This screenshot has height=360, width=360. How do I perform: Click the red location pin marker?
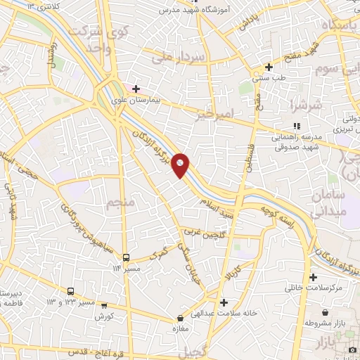click(181, 165)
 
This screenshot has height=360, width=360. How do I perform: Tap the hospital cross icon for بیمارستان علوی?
click(136, 89)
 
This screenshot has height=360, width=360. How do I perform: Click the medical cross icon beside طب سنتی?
click(269, 67)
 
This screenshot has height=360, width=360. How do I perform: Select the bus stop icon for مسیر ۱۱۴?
click(127, 257)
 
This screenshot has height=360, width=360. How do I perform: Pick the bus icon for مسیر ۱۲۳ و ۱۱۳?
click(70, 291)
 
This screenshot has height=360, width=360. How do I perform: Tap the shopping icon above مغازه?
click(181, 319)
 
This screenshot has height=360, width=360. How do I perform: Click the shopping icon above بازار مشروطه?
click(325, 312)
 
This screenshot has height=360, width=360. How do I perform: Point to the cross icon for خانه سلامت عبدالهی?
click(224, 303)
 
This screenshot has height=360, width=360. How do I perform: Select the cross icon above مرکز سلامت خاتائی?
click(313, 277)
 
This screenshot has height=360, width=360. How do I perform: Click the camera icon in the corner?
click(352, 349)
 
